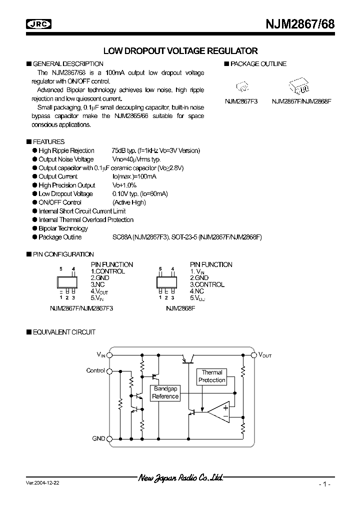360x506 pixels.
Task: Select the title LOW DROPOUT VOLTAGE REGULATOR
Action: tap(180, 51)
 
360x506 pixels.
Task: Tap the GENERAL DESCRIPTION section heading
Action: tap(68, 64)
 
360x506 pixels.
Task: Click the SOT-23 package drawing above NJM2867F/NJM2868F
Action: tap(300, 85)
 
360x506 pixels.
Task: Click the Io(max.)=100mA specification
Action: tap(134, 176)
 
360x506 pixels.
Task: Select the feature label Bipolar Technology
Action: tap(63, 228)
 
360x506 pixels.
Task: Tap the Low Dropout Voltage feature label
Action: tap(65, 194)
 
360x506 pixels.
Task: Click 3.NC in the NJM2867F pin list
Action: tap(97, 284)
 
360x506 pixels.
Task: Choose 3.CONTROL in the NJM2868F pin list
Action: tap(207, 284)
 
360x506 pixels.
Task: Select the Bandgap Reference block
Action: tap(165, 392)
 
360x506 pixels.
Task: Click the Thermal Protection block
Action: tap(212, 376)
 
